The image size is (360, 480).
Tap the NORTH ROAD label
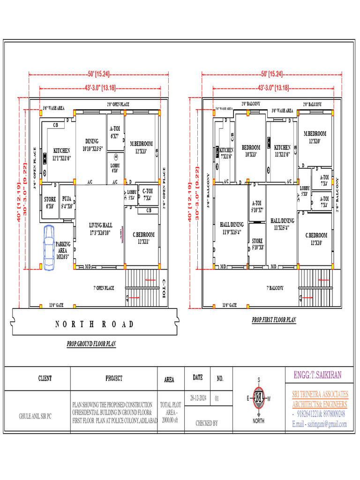(94, 324)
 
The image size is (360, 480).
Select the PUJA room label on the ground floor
(67, 202)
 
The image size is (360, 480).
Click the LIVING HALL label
(101, 229)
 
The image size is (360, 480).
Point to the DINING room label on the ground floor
(92, 144)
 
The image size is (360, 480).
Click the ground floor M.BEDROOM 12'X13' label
(141, 147)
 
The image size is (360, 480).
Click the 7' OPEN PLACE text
(104, 288)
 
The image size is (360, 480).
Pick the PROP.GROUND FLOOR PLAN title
(91, 344)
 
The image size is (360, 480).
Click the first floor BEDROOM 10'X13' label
(251, 150)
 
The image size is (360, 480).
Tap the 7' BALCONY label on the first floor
(276, 288)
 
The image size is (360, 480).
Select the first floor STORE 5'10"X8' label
(257, 244)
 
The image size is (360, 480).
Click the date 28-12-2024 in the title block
(199, 398)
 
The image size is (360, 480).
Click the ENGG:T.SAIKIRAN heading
(317, 375)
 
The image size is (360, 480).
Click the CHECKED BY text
(207, 423)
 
